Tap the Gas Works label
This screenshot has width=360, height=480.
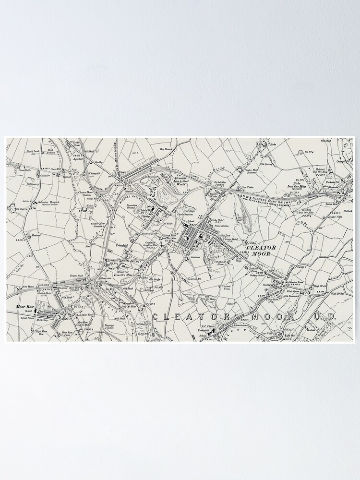pos(248,188)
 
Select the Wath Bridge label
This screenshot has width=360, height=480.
pos(338,294)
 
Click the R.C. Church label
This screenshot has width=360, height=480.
pos(207,327)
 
